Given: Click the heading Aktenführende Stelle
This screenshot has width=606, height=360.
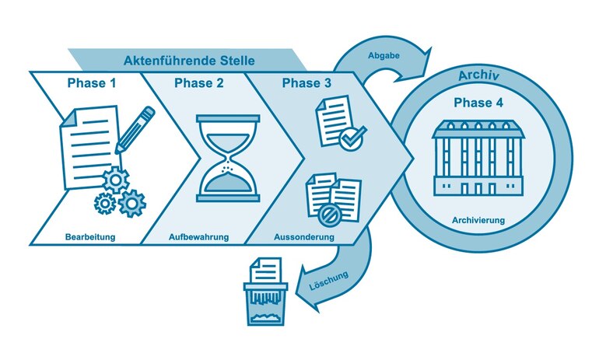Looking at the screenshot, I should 189,60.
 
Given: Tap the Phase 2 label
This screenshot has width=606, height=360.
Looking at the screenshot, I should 199,83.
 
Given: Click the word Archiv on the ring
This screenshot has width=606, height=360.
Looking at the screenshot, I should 479,76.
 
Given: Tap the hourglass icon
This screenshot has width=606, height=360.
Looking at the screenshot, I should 227,159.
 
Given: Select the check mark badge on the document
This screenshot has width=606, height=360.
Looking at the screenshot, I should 353,139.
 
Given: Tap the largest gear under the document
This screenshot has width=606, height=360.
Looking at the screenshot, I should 131,203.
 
